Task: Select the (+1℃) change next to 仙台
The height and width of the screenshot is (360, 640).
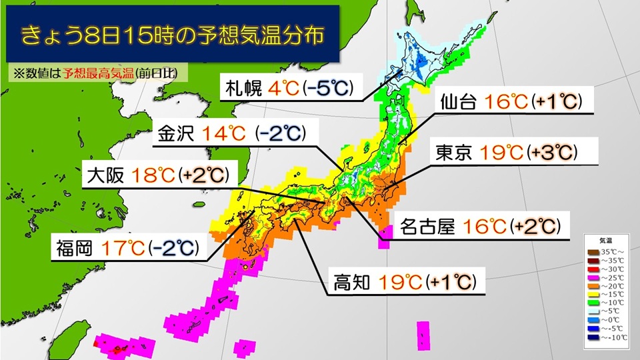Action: tap(559, 102)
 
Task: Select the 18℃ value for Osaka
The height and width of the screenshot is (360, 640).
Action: tap(155, 175)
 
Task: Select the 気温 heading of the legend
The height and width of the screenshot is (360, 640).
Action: tap(606, 239)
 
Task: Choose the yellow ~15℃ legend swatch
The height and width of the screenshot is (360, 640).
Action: tap(591, 294)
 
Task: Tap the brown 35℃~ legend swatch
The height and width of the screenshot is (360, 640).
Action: tap(591, 252)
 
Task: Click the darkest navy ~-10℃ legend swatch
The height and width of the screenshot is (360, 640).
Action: tap(591, 336)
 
